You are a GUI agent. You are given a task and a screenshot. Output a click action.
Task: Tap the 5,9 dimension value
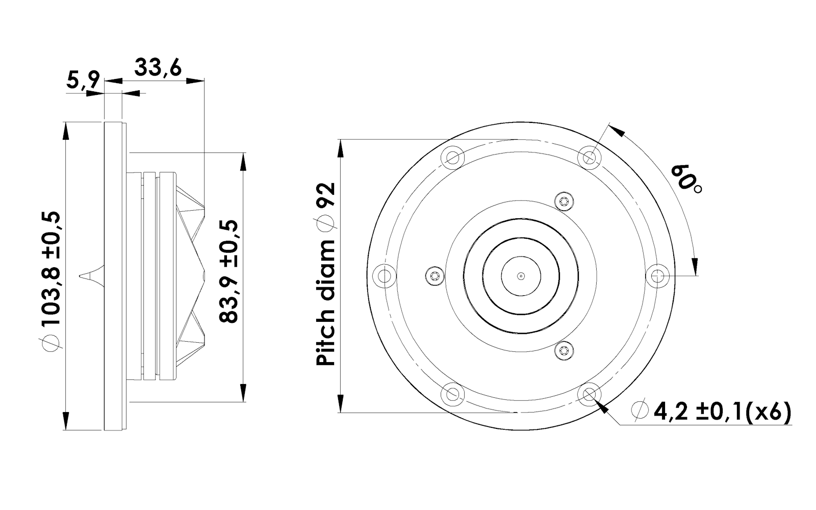coord(83,80)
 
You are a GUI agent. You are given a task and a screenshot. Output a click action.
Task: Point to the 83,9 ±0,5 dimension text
coord(229,272)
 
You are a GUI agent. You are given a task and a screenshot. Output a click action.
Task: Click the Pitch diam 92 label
coord(325,274)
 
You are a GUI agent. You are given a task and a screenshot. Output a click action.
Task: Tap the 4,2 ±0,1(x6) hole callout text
coord(711,411)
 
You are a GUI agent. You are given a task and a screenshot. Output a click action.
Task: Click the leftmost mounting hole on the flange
coord(385,276)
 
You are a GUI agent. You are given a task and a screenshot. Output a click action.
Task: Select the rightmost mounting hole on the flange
coord(657,276)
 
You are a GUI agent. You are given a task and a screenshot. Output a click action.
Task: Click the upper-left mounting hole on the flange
coord(453,158)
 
